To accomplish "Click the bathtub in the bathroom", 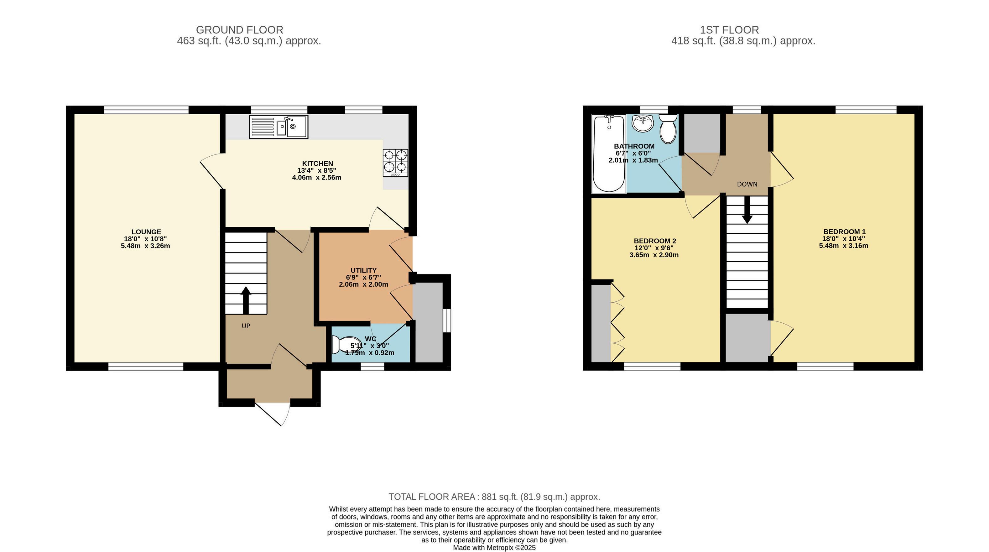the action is [609, 154].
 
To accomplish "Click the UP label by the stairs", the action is [246, 326].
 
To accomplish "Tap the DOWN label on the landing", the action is [747, 184].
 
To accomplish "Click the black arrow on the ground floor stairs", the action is [246, 300].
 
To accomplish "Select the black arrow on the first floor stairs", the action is [747, 210].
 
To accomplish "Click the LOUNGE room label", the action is [146, 232].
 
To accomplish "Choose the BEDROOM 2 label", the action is [655, 241].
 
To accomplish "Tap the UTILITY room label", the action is [364, 270].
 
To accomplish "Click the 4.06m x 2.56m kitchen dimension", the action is [317, 177].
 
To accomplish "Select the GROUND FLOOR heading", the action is [240, 30].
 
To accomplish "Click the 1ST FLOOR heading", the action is [729, 30].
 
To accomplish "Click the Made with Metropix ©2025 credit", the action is [494, 548].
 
